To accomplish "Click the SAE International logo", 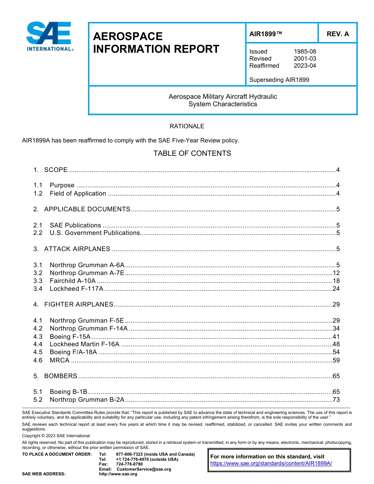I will click(x=49, y=37).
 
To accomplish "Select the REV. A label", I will click(x=337, y=34).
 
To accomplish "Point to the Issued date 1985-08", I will click(x=305, y=52).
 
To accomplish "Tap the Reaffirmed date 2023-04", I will click(x=305, y=66).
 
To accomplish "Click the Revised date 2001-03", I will click(x=305, y=59).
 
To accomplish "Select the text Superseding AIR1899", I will click(x=279, y=80).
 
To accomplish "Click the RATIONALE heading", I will click(x=187, y=126).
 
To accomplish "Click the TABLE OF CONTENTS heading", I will click(x=192, y=153).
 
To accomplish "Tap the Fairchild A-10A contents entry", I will click(x=72, y=281).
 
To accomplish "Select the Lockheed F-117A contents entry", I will click(x=76, y=289).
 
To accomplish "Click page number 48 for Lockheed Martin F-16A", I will click(x=336, y=344).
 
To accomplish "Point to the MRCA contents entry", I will click(x=59, y=360).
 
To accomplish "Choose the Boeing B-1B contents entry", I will click(x=68, y=392).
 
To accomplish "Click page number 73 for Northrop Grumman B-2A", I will click(x=336, y=400).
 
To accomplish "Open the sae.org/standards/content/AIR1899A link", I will click(x=271, y=464).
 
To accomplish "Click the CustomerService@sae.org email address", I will click(x=144, y=469).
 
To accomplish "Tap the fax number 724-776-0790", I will click(x=129, y=464).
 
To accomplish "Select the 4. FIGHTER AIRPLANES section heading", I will click(x=79, y=305).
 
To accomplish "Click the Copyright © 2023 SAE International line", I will click(x=56, y=436).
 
